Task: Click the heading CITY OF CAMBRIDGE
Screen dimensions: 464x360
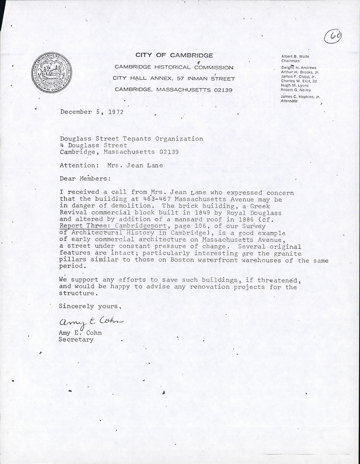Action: coord(174,55)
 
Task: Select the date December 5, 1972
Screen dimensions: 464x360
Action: coord(92,112)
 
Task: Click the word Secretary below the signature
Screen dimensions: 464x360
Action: coord(76,340)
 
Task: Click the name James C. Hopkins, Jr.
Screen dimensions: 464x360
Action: coord(300,97)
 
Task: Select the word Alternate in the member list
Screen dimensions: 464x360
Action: coord(289,101)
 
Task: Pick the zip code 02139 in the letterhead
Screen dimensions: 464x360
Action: coord(221,90)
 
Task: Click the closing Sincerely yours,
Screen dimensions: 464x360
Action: coord(88,306)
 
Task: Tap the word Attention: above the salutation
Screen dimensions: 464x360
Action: coord(79,165)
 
